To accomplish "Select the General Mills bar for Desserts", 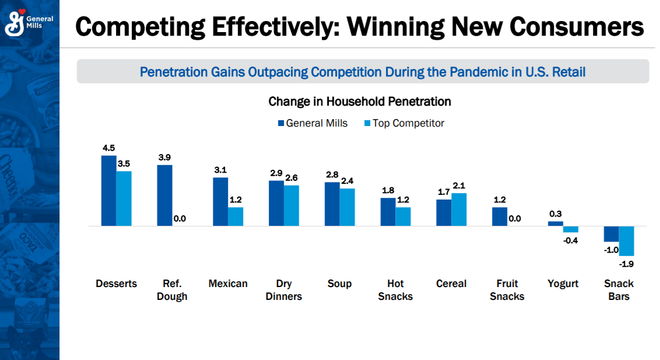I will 108,191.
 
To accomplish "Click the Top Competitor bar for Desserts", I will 124,198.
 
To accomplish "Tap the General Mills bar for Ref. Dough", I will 164,195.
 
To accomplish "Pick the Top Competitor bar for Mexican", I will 236,216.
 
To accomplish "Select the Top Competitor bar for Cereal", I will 459,209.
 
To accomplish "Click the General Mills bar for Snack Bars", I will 611,234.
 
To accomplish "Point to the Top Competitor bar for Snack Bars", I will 626,240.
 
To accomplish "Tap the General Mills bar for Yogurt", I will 556,223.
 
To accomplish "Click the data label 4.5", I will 108,148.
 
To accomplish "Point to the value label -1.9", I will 626,264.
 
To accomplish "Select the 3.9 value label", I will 164,158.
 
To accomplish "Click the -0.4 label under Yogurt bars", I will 570,240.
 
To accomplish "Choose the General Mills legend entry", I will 313,123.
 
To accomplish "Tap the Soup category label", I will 339,284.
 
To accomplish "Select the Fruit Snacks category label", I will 507,290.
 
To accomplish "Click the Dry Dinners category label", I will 283,290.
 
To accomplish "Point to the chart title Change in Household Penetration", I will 360,102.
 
